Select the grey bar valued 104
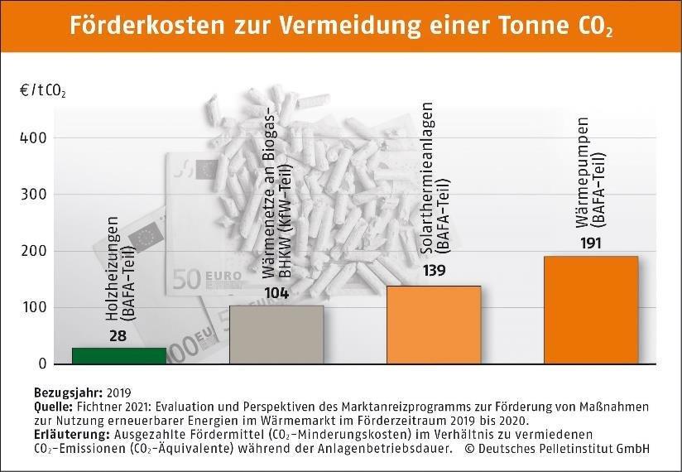[x=276, y=335]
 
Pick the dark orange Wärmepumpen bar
[x=590, y=310]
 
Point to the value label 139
[x=434, y=271]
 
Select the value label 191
[x=590, y=243]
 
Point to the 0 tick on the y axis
[x=43, y=364]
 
